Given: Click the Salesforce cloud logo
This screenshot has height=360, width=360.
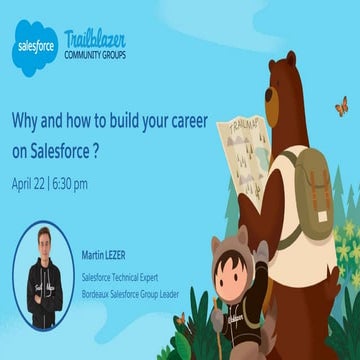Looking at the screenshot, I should coord(36,46).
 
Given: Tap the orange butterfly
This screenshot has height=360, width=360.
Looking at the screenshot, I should coord(341,104).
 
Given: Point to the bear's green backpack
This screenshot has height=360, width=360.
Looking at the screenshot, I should coord(305,186).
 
